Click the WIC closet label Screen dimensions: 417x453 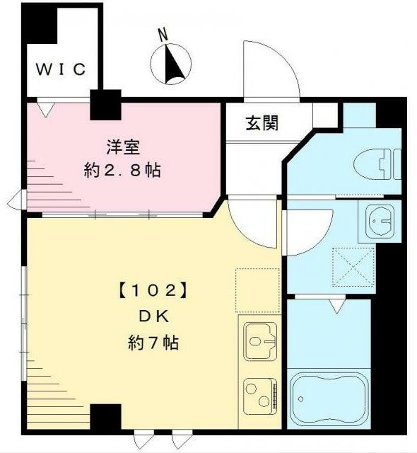click(x=61, y=69)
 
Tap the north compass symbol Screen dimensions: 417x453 click(x=171, y=64)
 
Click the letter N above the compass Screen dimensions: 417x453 click(x=163, y=35)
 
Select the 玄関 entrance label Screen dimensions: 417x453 click(x=262, y=122)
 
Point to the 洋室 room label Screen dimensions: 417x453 click(x=123, y=147)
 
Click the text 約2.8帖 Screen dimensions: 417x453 click(x=122, y=170)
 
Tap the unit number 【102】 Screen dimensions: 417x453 click(x=153, y=290)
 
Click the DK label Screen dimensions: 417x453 click(x=154, y=316)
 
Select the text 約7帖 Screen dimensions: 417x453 click(x=153, y=343)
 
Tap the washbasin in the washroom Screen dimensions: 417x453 click(x=380, y=222)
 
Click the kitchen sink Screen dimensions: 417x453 click(x=260, y=341)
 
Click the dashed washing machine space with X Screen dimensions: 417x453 click(x=353, y=267)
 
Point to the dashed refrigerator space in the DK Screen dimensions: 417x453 click(x=257, y=290)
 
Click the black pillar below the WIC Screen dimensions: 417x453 click(x=105, y=105)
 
